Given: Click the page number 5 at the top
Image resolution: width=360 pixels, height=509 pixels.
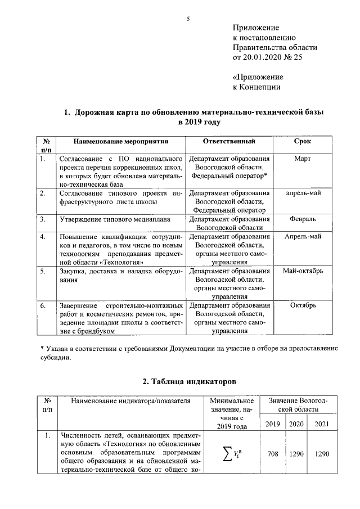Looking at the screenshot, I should (x=189, y=19).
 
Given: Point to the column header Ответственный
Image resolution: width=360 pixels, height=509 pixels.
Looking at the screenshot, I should (x=229, y=141).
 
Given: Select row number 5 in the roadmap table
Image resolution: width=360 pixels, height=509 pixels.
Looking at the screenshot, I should (x=43, y=271).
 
